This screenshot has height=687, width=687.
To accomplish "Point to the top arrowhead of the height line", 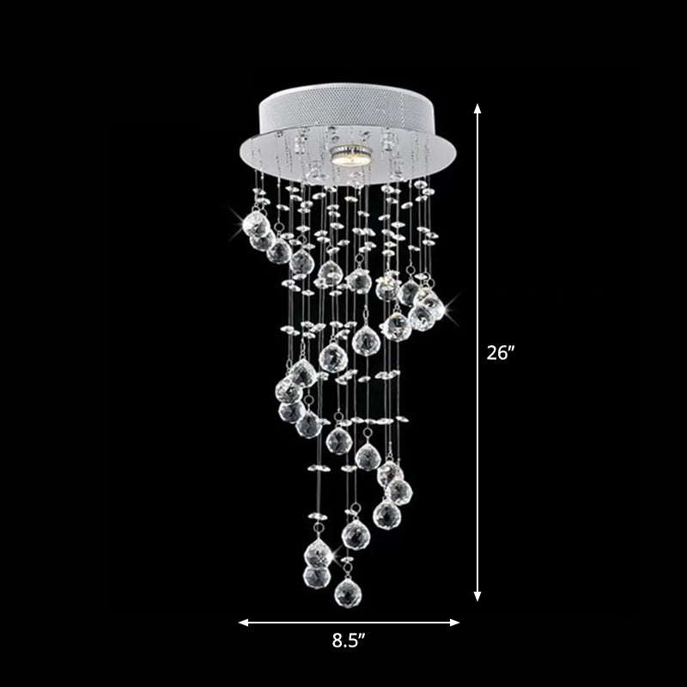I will pyautogui.click(x=478, y=107).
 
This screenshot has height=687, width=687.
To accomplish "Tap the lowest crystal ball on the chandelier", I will pyautogui.click(x=347, y=591).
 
